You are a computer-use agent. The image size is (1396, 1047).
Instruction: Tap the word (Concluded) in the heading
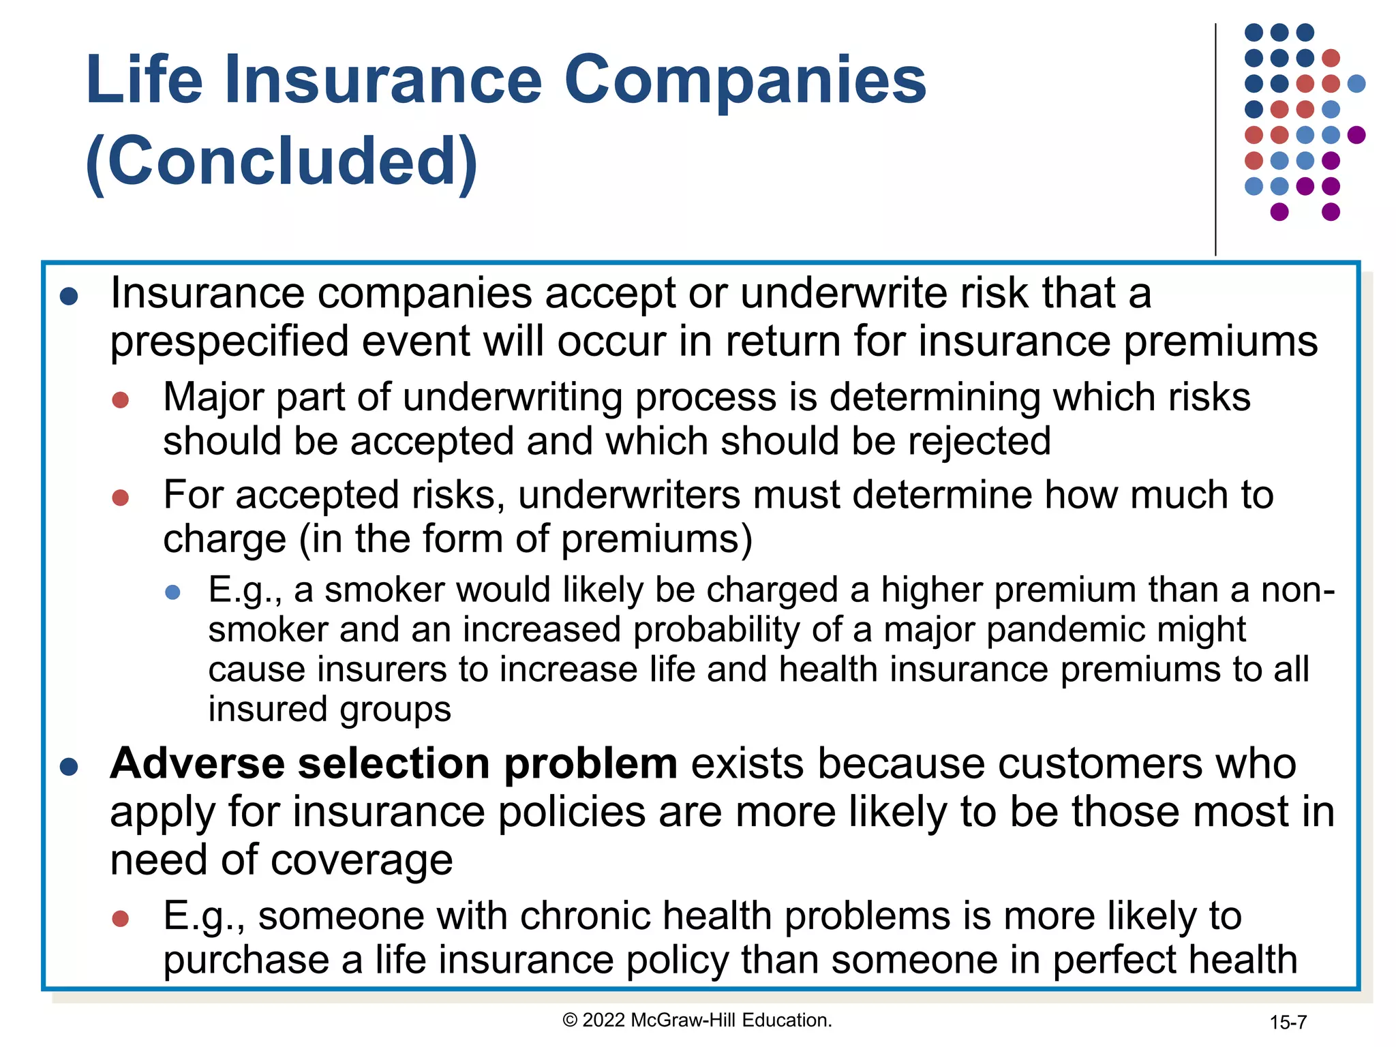(x=282, y=162)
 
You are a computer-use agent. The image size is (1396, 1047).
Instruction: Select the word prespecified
(x=229, y=342)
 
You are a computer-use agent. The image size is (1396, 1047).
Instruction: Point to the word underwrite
(x=844, y=294)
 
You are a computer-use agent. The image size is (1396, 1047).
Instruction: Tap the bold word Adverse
(x=197, y=763)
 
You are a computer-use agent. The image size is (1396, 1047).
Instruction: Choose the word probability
(x=716, y=630)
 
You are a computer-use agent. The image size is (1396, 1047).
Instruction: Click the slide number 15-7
(x=1288, y=1022)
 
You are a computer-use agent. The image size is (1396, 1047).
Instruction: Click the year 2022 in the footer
(x=604, y=1020)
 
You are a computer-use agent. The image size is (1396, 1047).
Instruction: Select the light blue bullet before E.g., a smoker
(x=173, y=592)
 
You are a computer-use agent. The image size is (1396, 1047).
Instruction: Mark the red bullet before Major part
(x=121, y=400)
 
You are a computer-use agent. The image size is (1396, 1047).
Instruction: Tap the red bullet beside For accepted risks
(x=121, y=498)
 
